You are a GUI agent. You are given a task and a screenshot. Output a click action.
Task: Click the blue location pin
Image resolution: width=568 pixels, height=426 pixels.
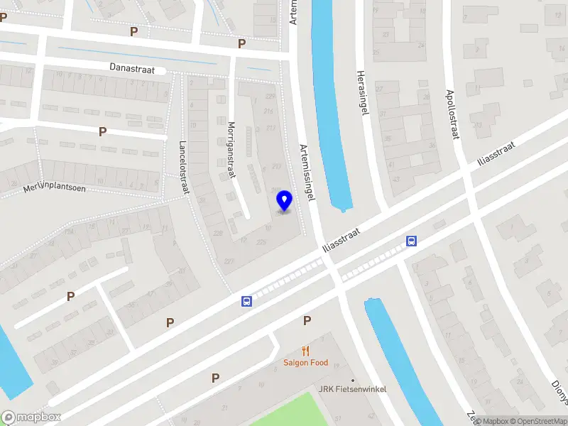(284, 201)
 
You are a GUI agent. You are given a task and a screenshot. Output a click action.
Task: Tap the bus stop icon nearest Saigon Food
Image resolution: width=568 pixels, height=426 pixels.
(246, 301)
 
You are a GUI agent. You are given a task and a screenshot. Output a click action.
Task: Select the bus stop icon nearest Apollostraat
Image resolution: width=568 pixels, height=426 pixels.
(411, 241)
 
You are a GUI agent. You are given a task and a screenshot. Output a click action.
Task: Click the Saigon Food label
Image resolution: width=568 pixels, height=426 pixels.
(305, 363)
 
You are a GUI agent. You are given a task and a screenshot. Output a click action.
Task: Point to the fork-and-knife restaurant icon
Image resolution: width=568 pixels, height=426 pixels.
(306, 351)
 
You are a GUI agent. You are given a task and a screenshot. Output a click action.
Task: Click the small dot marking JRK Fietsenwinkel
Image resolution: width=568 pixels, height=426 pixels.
(353, 380)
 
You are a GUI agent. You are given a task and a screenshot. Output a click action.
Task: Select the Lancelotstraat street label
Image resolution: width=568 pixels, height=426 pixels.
(184, 165)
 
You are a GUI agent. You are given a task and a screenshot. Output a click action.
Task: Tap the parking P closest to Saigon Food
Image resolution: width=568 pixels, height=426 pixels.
(307, 320)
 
